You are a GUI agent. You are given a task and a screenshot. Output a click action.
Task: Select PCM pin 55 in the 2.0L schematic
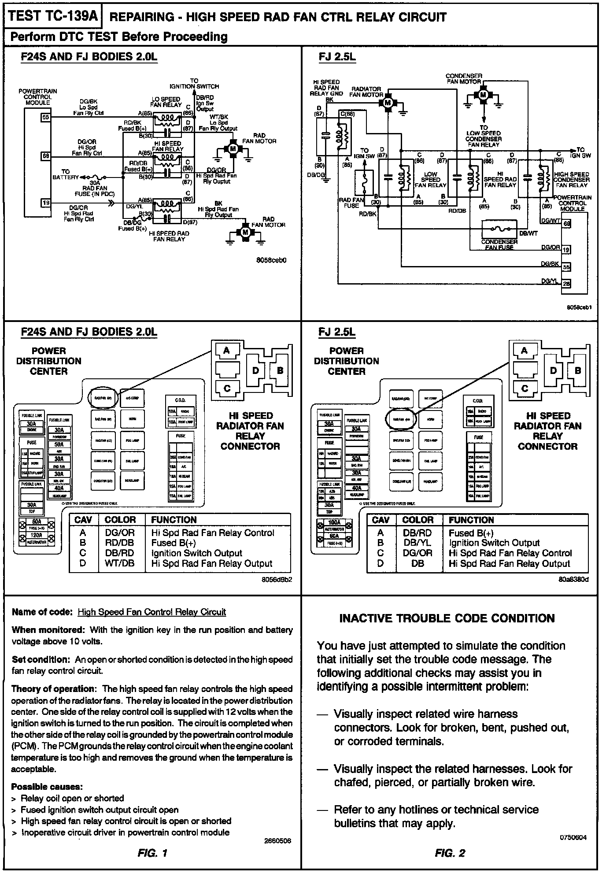[46, 117]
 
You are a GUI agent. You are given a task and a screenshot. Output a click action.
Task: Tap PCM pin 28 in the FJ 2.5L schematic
[566, 284]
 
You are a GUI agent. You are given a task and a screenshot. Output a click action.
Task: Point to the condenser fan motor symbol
[483, 94]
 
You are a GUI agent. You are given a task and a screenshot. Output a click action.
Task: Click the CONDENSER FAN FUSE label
[499, 244]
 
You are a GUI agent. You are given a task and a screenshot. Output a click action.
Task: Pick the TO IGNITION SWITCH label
[194, 84]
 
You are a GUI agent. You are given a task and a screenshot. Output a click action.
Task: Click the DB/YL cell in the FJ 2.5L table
[417, 543]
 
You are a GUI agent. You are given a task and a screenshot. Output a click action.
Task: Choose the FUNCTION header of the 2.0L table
[174, 520]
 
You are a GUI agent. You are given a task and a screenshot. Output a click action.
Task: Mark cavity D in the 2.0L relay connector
[255, 370]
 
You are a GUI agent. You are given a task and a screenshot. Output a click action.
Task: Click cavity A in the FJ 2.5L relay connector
[524, 351]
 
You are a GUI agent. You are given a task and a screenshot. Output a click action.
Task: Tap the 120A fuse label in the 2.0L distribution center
[36, 535]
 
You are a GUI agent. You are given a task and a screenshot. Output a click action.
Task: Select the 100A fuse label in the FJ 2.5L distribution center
[334, 522]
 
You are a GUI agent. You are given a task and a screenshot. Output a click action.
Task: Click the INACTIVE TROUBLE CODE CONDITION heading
[447, 618]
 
